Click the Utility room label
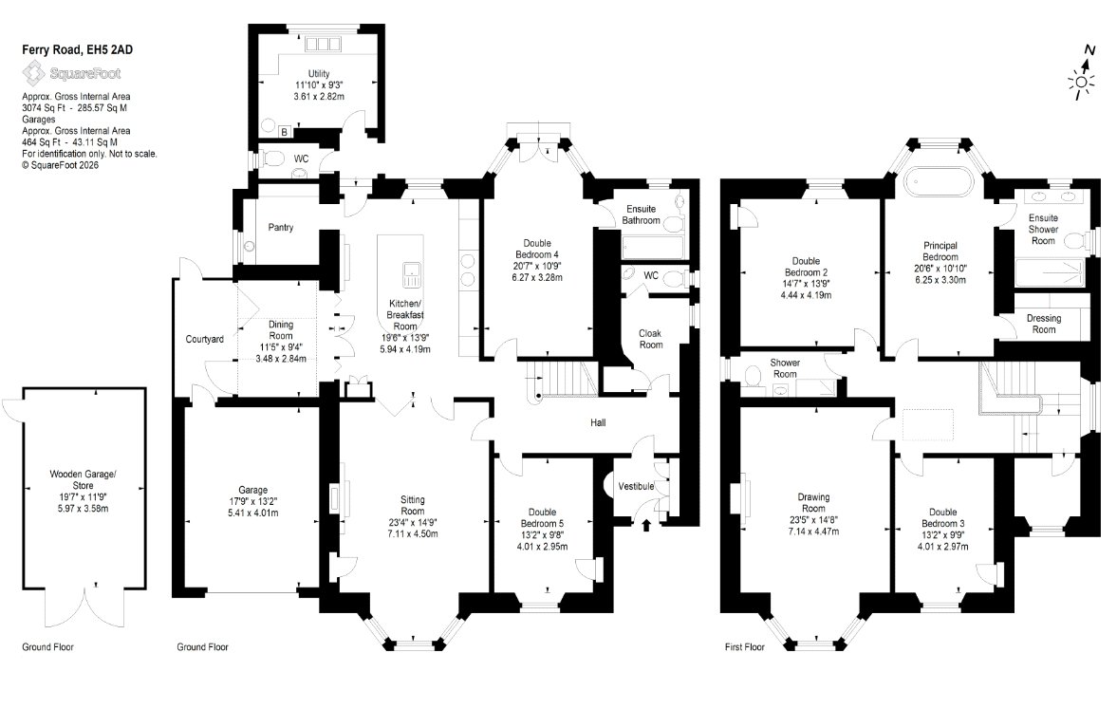(x=319, y=73)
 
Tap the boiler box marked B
(x=285, y=132)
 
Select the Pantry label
(x=281, y=227)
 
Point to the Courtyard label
(x=204, y=339)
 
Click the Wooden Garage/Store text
(x=83, y=479)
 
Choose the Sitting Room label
(x=413, y=505)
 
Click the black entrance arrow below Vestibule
(x=646, y=526)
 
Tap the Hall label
(x=599, y=422)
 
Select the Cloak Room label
(x=650, y=339)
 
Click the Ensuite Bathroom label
(x=642, y=215)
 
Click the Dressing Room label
(x=1044, y=325)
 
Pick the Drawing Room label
(x=813, y=503)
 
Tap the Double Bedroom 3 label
(x=943, y=517)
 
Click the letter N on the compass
(x=1089, y=50)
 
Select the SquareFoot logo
(x=71, y=73)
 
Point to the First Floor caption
(x=744, y=647)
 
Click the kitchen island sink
(x=411, y=273)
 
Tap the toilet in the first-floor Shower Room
(x=753, y=377)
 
